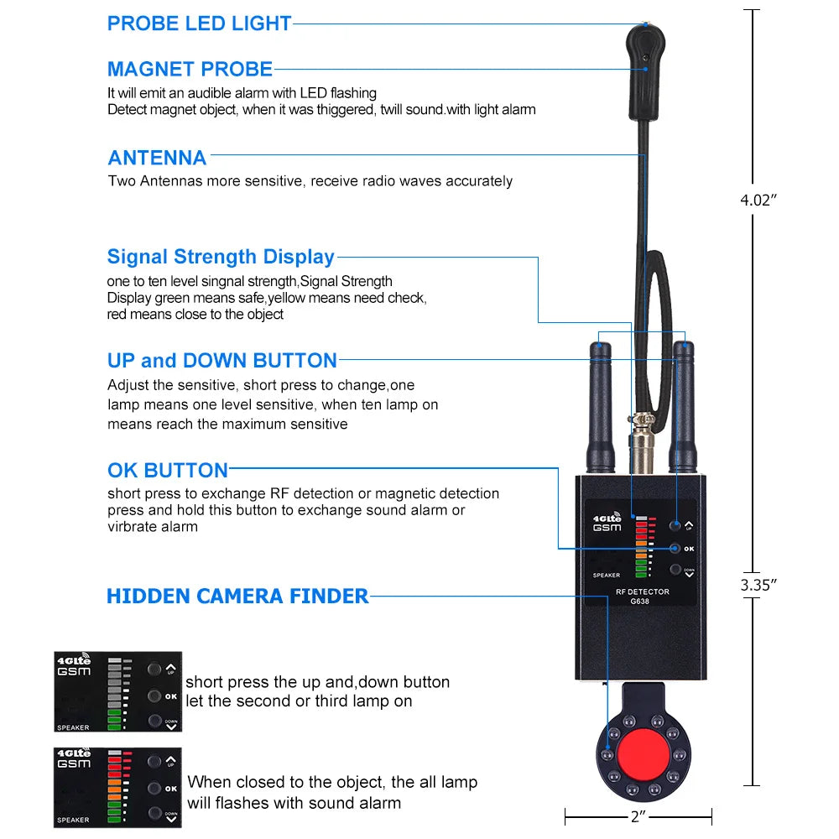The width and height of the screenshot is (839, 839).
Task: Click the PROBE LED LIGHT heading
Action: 199,23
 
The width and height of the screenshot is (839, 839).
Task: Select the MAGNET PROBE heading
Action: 190,69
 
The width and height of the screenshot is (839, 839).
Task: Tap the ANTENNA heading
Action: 157,158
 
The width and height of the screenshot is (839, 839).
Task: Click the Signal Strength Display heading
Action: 221,257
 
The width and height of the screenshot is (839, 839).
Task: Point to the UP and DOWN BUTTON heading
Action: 221,361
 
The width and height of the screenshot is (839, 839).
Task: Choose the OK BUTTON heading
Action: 168,470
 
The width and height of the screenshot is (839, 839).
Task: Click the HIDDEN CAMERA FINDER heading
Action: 237,597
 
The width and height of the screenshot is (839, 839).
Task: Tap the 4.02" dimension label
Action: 758,200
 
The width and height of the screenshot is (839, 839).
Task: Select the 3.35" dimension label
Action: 758,585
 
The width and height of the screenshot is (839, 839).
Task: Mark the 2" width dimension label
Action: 638,815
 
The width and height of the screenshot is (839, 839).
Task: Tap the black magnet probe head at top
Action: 647,71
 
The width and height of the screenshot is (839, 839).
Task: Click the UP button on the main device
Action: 675,526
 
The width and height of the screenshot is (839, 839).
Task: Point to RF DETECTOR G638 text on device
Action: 643,597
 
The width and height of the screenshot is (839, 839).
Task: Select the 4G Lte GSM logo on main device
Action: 607,522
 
